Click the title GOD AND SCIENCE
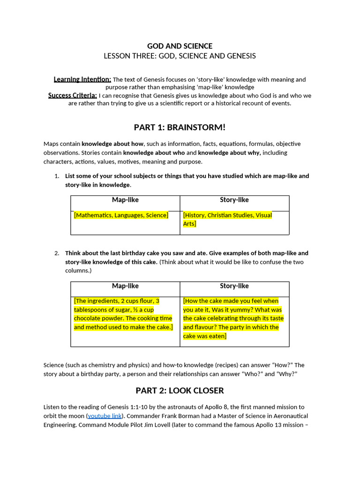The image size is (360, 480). (x=180, y=46)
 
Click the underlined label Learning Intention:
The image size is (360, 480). (x=82, y=79)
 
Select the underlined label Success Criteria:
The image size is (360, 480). (x=73, y=95)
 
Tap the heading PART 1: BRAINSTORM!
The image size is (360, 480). (x=180, y=127)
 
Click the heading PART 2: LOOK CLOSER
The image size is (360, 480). (x=180, y=390)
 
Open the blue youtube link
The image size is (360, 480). (x=105, y=416)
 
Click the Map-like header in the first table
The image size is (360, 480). (x=125, y=200)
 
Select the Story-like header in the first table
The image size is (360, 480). (x=234, y=200)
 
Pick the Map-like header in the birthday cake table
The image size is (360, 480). (x=125, y=286)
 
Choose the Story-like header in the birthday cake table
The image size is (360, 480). (x=234, y=286)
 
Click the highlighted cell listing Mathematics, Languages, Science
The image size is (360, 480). (x=121, y=215)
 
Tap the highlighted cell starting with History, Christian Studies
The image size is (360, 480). (x=227, y=219)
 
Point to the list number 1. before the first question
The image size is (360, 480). (x=57, y=176)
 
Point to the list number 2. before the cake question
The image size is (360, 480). (x=57, y=253)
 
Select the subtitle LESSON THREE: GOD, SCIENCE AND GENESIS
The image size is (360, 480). (x=180, y=56)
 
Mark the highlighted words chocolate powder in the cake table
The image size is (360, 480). (x=96, y=318)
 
